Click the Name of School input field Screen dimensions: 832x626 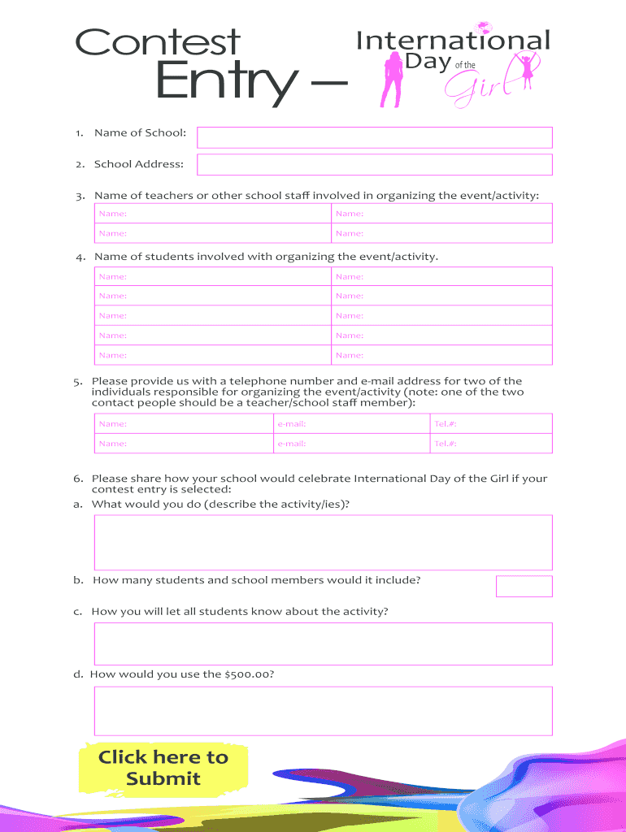click(x=375, y=137)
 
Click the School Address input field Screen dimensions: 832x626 click(x=375, y=165)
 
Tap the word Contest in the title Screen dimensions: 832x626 click(x=158, y=43)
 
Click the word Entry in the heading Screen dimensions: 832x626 click(x=224, y=82)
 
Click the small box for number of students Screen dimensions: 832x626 click(x=524, y=586)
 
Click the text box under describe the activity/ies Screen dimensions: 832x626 click(x=324, y=542)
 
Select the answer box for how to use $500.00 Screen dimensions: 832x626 click(x=324, y=711)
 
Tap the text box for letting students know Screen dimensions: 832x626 click(x=324, y=643)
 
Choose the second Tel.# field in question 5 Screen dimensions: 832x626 click(x=490, y=444)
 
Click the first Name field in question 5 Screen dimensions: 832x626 click(x=183, y=423)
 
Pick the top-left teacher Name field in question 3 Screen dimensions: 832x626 click(x=212, y=214)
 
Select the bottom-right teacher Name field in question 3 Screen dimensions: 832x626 click(x=441, y=233)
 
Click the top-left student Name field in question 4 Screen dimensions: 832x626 click(x=212, y=277)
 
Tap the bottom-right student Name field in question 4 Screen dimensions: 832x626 click(x=441, y=355)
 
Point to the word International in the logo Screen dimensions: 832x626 click(x=453, y=41)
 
